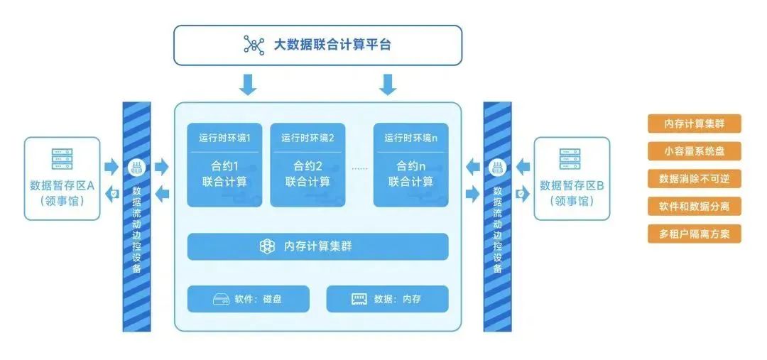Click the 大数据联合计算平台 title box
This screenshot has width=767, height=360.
318,45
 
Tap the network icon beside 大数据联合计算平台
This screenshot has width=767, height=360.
254,45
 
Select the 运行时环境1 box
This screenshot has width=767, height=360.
224,165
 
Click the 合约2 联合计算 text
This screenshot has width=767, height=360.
308,174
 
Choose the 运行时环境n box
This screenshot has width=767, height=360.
411,165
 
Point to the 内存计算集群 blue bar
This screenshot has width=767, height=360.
318,246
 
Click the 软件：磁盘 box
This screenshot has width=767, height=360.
249,299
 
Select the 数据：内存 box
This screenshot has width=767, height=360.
388,299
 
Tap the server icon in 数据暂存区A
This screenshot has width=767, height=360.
62,159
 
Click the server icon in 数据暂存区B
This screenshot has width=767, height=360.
571,159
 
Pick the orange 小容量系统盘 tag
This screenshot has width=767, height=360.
694,151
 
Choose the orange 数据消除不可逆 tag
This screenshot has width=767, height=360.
694,178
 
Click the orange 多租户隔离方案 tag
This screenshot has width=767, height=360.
694,234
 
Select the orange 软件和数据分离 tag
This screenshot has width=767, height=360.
694,207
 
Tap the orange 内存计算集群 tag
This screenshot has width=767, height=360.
694,124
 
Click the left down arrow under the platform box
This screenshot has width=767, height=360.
248,84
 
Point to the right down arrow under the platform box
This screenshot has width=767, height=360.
388,84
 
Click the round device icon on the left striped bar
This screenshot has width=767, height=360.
136,168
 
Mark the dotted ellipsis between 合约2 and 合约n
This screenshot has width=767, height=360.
359,169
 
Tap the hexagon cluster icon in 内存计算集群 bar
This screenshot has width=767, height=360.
267,246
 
